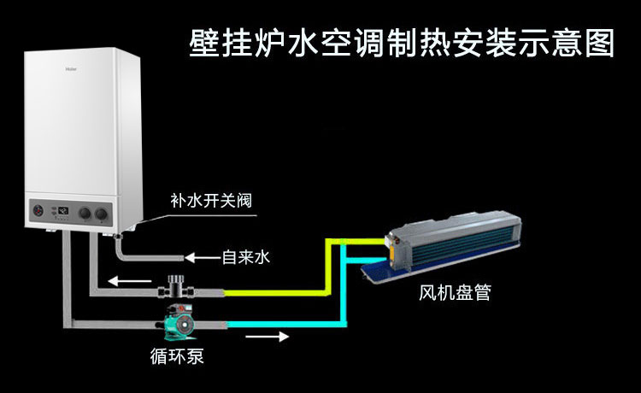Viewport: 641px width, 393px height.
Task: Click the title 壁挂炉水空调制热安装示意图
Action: (402, 42)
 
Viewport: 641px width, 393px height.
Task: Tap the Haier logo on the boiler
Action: (71, 69)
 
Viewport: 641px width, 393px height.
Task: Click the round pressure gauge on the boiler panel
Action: (38, 211)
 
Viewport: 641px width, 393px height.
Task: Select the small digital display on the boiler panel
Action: (63, 211)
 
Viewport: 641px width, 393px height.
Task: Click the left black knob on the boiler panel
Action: (85, 214)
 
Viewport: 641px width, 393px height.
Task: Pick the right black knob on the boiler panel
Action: (101, 214)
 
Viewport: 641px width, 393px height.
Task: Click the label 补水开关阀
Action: (211, 201)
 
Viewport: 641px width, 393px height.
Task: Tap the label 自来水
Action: (245, 257)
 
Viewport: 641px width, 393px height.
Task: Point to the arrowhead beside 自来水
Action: (189, 258)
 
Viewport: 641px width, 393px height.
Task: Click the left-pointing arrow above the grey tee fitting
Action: (130, 281)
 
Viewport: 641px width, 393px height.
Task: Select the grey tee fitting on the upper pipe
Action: (176, 286)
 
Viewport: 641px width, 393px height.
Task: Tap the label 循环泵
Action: (177, 355)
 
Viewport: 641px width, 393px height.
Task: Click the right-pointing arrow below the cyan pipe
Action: (268, 337)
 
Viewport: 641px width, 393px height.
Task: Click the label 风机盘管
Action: (455, 293)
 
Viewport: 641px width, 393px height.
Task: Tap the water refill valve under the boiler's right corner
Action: (119, 236)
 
